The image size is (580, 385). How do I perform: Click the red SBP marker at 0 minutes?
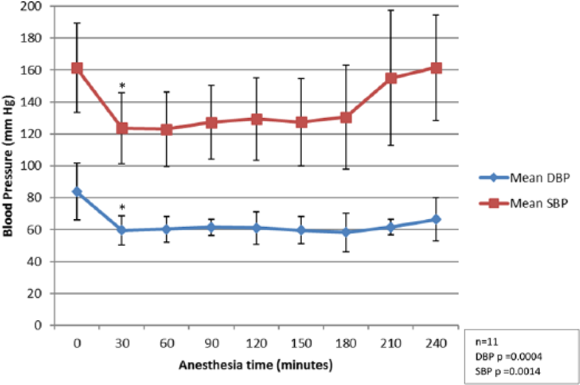[x=77, y=68]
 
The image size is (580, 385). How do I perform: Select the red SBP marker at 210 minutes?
[x=391, y=78]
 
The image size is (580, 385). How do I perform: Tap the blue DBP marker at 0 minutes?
[x=77, y=192]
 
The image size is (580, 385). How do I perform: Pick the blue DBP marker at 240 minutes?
[x=436, y=220]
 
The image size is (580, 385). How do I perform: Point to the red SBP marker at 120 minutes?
[x=257, y=119]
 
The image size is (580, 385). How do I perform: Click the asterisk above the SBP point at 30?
[x=122, y=86]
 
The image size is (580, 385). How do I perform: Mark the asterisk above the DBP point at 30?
[x=122, y=208]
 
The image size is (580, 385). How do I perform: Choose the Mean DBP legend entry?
[x=524, y=178]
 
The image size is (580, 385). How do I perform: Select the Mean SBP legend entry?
[x=524, y=203]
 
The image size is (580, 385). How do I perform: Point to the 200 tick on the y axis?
[x=30, y=6]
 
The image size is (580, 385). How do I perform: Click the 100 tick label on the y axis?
[x=30, y=166]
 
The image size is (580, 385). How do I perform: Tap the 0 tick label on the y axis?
[x=38, y=325]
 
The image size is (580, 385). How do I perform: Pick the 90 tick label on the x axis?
[x=211, y=344]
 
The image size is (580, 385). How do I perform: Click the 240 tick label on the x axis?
[x=436, y=344]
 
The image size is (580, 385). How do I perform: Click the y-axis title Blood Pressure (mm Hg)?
[x=8, y=165]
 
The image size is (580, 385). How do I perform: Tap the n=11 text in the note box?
[x=487, y=342]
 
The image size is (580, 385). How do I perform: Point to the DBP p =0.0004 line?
[x=509, y=356]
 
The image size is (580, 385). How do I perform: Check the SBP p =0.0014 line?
[x=508, y=371]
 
